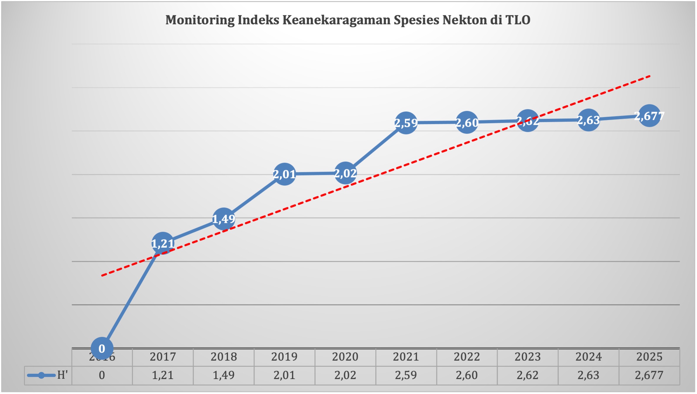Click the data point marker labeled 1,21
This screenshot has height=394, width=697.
[x=163, y=243]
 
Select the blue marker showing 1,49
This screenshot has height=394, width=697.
[x=223, y=219]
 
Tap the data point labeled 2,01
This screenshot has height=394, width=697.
[x=284, y=174]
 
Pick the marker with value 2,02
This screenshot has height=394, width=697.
[x=345, y=173]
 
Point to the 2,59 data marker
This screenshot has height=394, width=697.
[x=406, y=123]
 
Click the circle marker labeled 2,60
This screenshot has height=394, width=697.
[x=467, y=122]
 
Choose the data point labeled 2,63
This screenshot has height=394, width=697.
[x=588, y=120]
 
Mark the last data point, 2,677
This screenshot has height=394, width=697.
[x=649, y=116]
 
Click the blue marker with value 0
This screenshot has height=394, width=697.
[x=102, y=348]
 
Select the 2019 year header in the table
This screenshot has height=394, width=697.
[x=284, y=357]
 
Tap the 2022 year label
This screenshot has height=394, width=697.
[x=467, y=357]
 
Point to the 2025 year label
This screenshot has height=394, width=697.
[x=649, y=357]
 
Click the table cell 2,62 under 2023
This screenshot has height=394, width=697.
[x=527, y=375]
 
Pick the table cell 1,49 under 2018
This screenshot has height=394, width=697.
[x=223, y=375]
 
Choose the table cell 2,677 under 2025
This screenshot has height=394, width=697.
[x=649, y=375]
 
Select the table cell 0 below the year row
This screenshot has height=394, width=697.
[x=102, y=375]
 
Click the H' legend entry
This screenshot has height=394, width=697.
[x=48, y=375]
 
